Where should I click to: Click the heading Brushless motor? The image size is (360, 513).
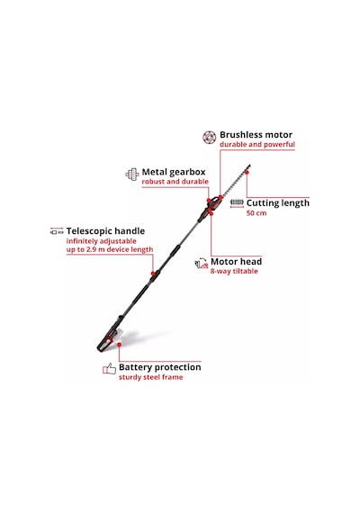(256, 135)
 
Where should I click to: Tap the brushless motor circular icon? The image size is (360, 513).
(209, 138)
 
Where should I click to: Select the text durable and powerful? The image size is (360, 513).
(257, 144)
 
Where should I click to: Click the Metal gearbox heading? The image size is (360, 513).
(174, 172)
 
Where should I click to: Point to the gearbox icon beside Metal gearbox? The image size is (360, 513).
(132, 175)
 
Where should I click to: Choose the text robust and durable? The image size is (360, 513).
(175, 182)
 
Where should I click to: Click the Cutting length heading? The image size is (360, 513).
(277, 203)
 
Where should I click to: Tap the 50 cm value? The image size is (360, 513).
(256, 213)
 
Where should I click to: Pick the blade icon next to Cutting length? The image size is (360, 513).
(237, 202)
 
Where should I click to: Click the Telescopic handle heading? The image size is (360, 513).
(105, 231)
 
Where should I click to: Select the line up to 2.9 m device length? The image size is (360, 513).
(110, 249)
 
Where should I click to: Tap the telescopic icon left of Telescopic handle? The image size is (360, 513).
(57, 231)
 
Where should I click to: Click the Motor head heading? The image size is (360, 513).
(236, 262)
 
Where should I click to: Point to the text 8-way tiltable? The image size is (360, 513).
(234, 271)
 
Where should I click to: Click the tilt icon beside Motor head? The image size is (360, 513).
(202, 263)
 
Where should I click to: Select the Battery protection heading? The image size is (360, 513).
(159, 367)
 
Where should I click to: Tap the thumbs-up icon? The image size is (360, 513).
(109, 369)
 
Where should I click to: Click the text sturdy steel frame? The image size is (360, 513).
(150, 377)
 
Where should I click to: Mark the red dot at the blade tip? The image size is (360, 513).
(247, 172)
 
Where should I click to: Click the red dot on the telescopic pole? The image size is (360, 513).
(153, 274)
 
